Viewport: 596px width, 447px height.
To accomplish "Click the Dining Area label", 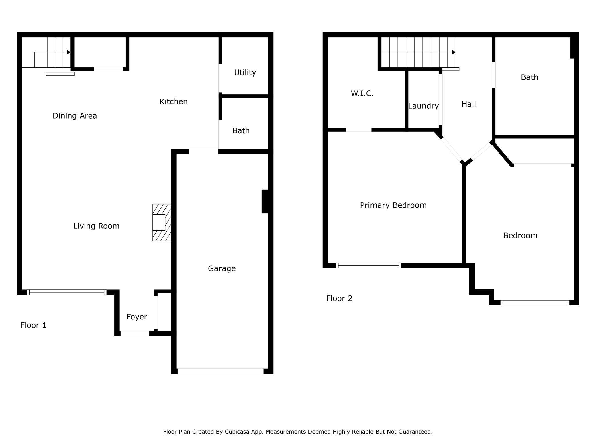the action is click(75, 116).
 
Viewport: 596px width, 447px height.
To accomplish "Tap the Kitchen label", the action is click(173, 101).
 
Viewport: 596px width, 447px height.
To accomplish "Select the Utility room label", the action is click(245, 72).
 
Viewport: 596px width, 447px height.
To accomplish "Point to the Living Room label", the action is click(96, 226).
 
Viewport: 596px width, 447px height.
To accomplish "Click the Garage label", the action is click(222, 269).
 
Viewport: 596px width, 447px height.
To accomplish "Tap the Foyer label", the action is click(137, 317).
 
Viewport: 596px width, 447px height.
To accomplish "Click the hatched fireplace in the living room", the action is click(162, 222).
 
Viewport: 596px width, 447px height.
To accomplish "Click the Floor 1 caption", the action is click(33, 325).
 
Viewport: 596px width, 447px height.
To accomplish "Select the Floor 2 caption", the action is click(339, 299).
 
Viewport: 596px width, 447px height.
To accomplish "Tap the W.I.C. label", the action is click(362, 93).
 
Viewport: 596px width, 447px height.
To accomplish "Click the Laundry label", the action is click(424, 106).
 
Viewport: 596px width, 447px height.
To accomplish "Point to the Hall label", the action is click(469, 104).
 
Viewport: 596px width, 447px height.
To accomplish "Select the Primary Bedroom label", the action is click(393, 205).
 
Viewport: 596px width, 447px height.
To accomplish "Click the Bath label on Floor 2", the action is click(530, 77).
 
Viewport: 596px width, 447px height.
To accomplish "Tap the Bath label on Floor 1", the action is click(241, 131).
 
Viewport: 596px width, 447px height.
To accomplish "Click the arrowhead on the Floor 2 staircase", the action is click(454, 52).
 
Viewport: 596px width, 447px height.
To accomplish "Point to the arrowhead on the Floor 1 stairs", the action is click(69, 52).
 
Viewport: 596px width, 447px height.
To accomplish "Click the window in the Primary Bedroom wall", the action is click(368, 265).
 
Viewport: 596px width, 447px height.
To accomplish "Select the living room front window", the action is click(67, 292).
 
